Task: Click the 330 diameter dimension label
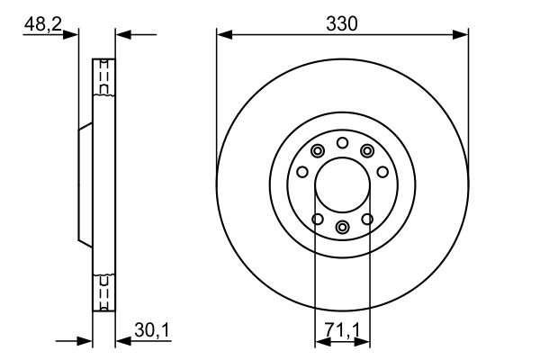pos(342,24)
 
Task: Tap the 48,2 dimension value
pos(42,25)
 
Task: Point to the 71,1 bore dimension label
pos(341,331)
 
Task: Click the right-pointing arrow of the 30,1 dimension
pos(86,341)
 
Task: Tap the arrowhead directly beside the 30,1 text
pos(123,341)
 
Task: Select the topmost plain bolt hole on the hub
pos(342,142)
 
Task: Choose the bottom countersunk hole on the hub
pos(342,227)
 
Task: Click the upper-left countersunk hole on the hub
pos(317,150)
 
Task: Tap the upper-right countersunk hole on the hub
pos(367,150)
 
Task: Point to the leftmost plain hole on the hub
pos(302,172)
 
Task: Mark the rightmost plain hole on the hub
pos(382,172)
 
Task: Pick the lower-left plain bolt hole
pos(317,218)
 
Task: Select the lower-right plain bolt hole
pos(367,218)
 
